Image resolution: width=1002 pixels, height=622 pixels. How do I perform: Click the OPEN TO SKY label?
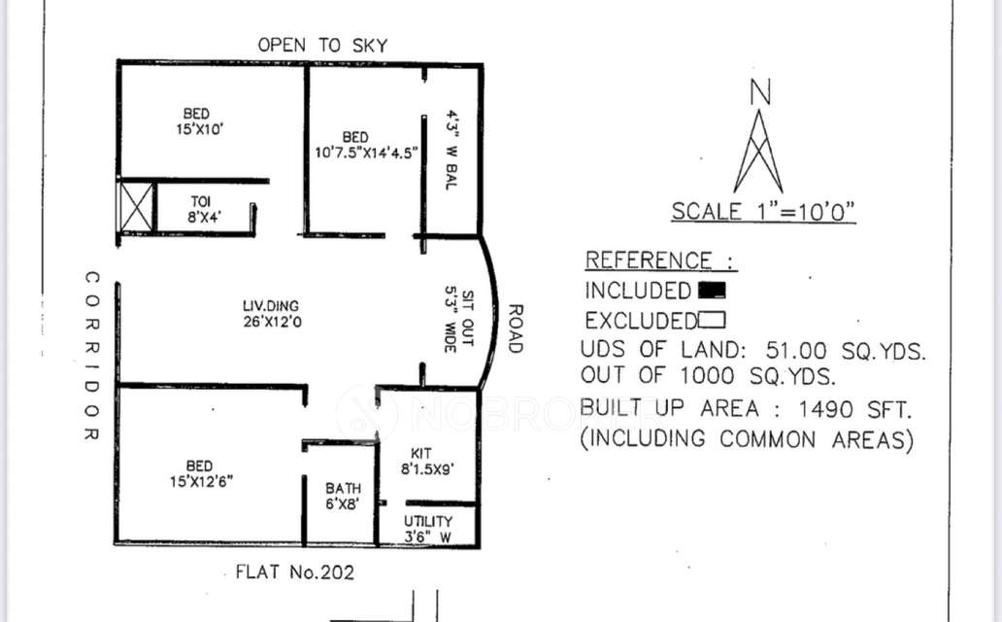322,45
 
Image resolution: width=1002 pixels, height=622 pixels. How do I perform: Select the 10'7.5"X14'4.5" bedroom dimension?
365,152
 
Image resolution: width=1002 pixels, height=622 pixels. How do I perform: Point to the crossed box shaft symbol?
135,207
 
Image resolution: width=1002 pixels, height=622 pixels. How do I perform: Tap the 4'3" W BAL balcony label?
451,150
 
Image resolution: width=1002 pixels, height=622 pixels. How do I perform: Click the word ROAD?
516,328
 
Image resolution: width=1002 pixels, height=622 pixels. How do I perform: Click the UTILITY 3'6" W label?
428,529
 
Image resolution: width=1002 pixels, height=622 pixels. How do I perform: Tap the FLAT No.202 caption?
295,572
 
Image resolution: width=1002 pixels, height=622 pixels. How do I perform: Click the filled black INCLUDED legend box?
712,290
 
